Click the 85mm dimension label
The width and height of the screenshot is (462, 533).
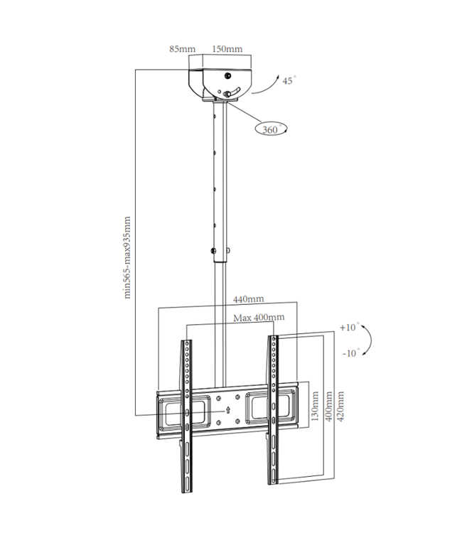click(182, 49)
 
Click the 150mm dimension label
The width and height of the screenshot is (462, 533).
click(227, 49)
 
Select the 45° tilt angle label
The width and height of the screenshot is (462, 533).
click(288, 81)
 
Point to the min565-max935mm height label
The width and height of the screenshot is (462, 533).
click(129, 258)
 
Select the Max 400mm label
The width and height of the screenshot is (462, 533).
click(259, 317)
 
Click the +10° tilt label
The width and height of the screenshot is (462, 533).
click(349, 328)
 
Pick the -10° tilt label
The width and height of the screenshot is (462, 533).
click(349, 352)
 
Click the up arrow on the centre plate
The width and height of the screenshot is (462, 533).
click(228, 410)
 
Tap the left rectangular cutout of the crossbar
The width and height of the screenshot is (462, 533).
click(176, 411)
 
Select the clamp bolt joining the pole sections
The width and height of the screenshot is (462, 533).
click(212, 251)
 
